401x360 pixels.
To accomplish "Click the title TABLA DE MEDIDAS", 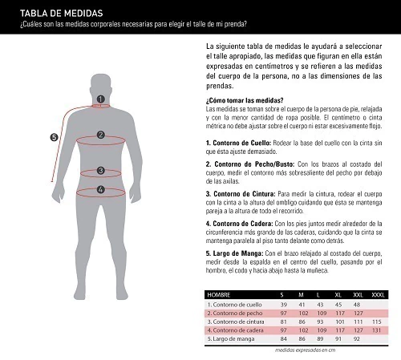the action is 62,14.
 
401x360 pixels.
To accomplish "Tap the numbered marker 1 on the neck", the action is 100,99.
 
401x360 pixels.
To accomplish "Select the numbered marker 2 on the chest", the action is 100,135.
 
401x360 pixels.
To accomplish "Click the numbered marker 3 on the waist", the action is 100,171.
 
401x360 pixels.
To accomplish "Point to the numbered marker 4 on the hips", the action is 100,190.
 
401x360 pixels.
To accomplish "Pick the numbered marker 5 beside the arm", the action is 54,138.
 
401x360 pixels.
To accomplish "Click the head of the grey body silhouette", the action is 101,86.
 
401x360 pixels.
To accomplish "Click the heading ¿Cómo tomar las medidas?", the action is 245,100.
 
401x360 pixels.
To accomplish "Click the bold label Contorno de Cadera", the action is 243,224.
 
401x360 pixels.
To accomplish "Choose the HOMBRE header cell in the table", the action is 219,295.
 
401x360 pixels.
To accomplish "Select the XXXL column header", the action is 378,295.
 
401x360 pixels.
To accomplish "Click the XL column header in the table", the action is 338,295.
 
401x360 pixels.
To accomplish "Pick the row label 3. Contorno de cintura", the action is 236,322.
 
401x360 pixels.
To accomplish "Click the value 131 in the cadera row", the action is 376,330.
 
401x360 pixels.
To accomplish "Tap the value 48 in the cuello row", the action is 357,305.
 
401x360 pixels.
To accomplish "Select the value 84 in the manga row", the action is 284,339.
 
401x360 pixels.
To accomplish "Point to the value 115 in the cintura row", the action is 377,322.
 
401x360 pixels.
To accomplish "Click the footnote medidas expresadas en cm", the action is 305,350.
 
